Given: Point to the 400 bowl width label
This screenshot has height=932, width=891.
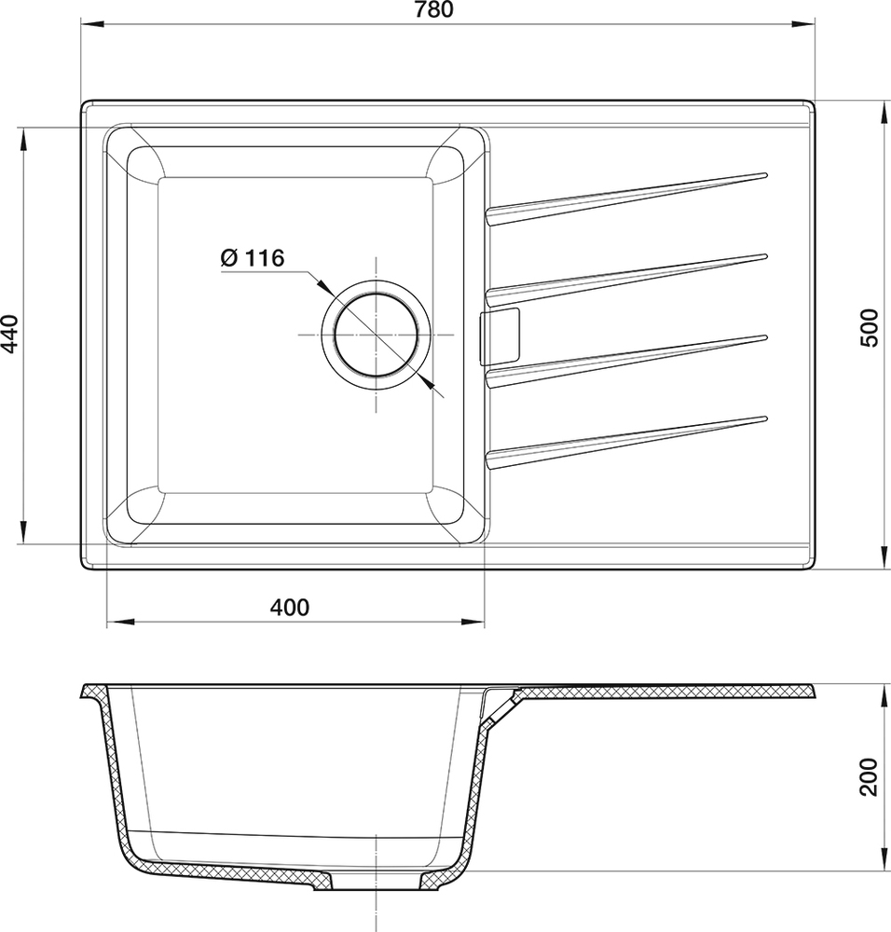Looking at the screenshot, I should point(289,608).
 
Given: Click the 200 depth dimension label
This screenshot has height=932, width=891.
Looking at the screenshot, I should point(869,775).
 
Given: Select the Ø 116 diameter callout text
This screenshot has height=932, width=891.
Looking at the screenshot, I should point(252,259).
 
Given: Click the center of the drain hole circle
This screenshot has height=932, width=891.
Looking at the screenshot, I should point(376,334).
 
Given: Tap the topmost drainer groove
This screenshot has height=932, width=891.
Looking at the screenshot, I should point(624,198).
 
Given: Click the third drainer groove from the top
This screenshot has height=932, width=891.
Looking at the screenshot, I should point(624,359).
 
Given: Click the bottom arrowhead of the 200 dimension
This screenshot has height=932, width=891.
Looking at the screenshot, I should point(883,862).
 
